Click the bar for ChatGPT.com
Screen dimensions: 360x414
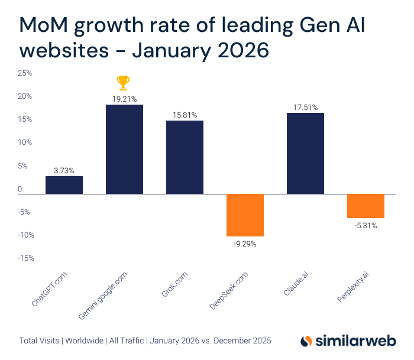(64, 185)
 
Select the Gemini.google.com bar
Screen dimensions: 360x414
(124, 149)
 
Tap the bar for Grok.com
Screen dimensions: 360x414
(185, 157)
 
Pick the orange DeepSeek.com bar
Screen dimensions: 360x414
(245, 215)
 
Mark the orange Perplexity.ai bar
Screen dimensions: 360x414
(366, 206)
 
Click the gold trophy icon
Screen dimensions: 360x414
(123, 82)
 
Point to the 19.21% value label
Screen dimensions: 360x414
(124, 99)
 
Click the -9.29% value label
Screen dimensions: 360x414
(244, 243)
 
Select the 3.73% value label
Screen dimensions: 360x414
(64, 170)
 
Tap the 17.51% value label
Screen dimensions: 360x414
(305, 107)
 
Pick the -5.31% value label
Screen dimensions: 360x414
(365, 225)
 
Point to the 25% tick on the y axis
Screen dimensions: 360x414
(25, 73)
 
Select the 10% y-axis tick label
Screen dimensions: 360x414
(25, 142)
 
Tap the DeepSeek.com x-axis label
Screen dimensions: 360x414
(228, 288)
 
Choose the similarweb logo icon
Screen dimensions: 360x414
(306, 341)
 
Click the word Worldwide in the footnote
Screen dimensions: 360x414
(86, 340)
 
